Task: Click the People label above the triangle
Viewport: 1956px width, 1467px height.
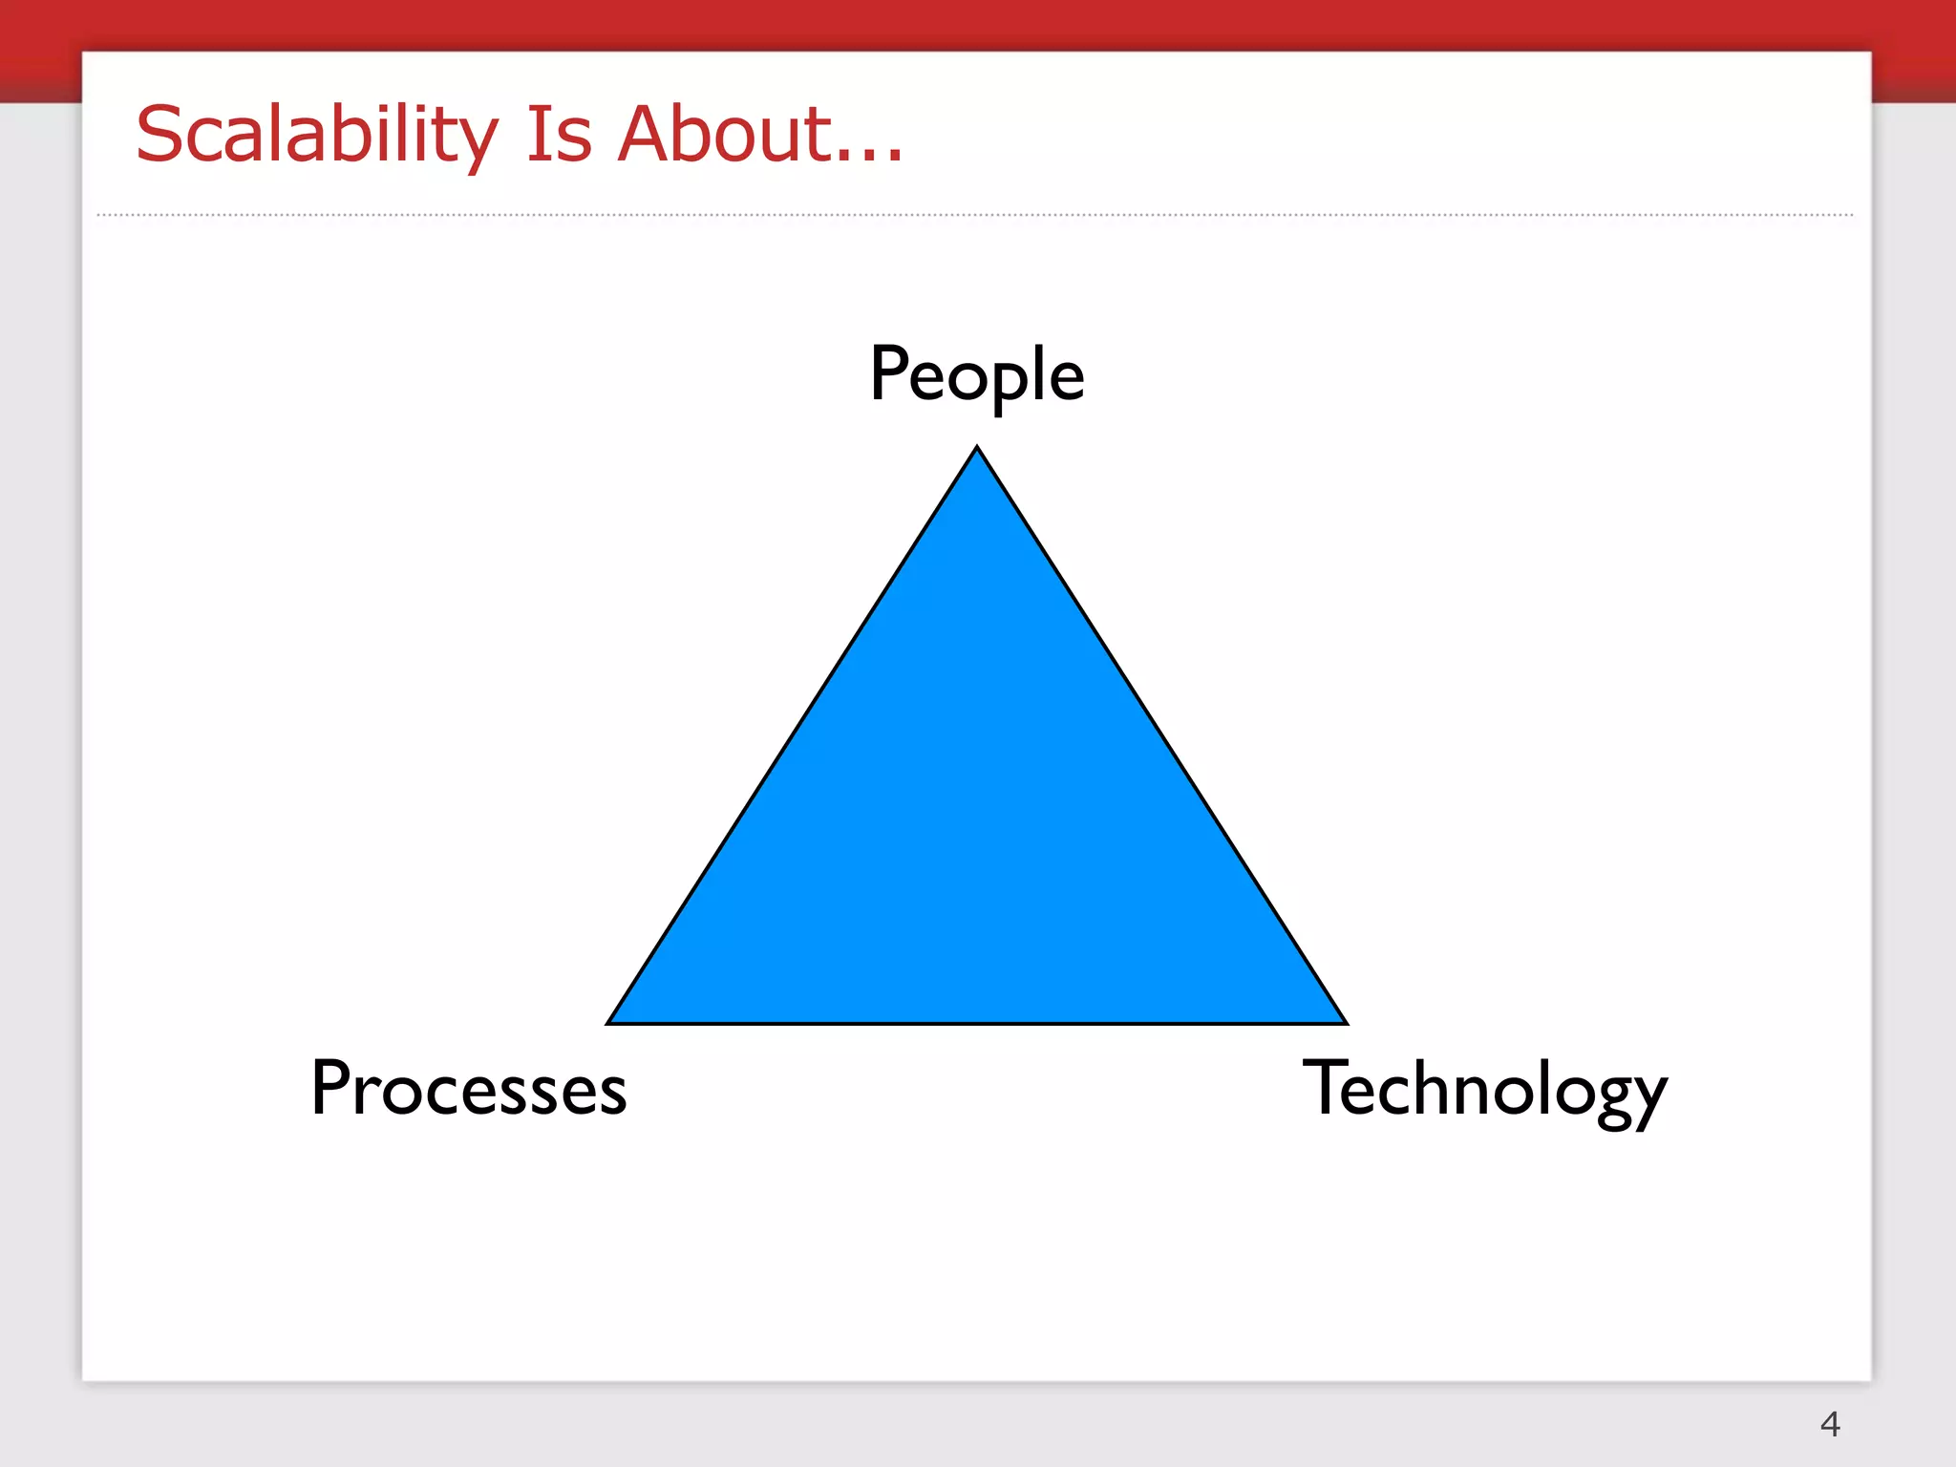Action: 976,375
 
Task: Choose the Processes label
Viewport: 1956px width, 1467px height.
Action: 469,1089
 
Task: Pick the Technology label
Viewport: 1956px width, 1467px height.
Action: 1484,1091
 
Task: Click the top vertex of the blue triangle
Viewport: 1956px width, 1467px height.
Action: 977,449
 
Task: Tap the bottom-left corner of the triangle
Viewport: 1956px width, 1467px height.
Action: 609,1022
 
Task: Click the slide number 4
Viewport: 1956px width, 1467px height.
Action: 1829,1424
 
